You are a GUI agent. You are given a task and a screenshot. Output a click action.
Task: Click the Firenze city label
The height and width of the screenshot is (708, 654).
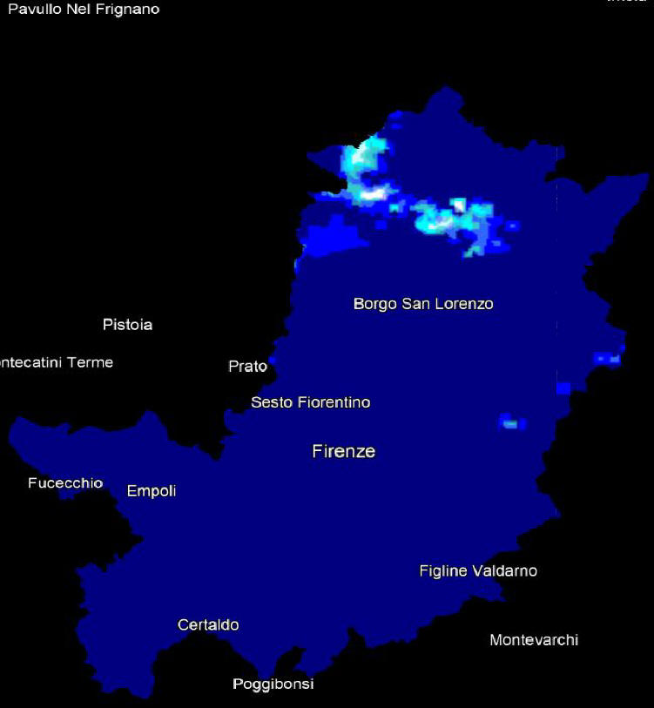343,451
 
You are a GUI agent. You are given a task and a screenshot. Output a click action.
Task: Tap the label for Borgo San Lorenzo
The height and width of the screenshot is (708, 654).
423,304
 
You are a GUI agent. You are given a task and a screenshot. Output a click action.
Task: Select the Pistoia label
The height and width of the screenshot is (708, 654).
127,325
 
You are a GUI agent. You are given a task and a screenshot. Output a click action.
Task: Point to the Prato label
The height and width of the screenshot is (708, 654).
247,367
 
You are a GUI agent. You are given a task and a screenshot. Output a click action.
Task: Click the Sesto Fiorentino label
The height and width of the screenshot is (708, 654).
310,402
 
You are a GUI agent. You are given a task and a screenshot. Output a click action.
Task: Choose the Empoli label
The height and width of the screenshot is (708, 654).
152,491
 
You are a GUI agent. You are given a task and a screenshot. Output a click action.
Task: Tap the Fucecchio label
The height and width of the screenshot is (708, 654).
65,483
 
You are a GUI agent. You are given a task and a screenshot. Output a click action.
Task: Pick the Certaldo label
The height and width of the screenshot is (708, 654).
208,625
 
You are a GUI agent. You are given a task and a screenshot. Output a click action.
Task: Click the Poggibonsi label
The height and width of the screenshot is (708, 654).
273,684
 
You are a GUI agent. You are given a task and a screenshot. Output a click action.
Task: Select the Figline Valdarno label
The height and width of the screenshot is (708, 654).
478,571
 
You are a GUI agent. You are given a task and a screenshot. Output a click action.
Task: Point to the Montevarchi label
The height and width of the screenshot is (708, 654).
534,640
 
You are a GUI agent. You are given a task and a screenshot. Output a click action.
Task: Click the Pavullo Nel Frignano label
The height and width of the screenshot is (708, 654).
84,10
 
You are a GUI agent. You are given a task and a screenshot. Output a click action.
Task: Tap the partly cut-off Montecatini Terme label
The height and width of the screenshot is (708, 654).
57,362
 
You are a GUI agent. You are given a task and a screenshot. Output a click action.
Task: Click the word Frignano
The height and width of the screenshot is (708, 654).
130,10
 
